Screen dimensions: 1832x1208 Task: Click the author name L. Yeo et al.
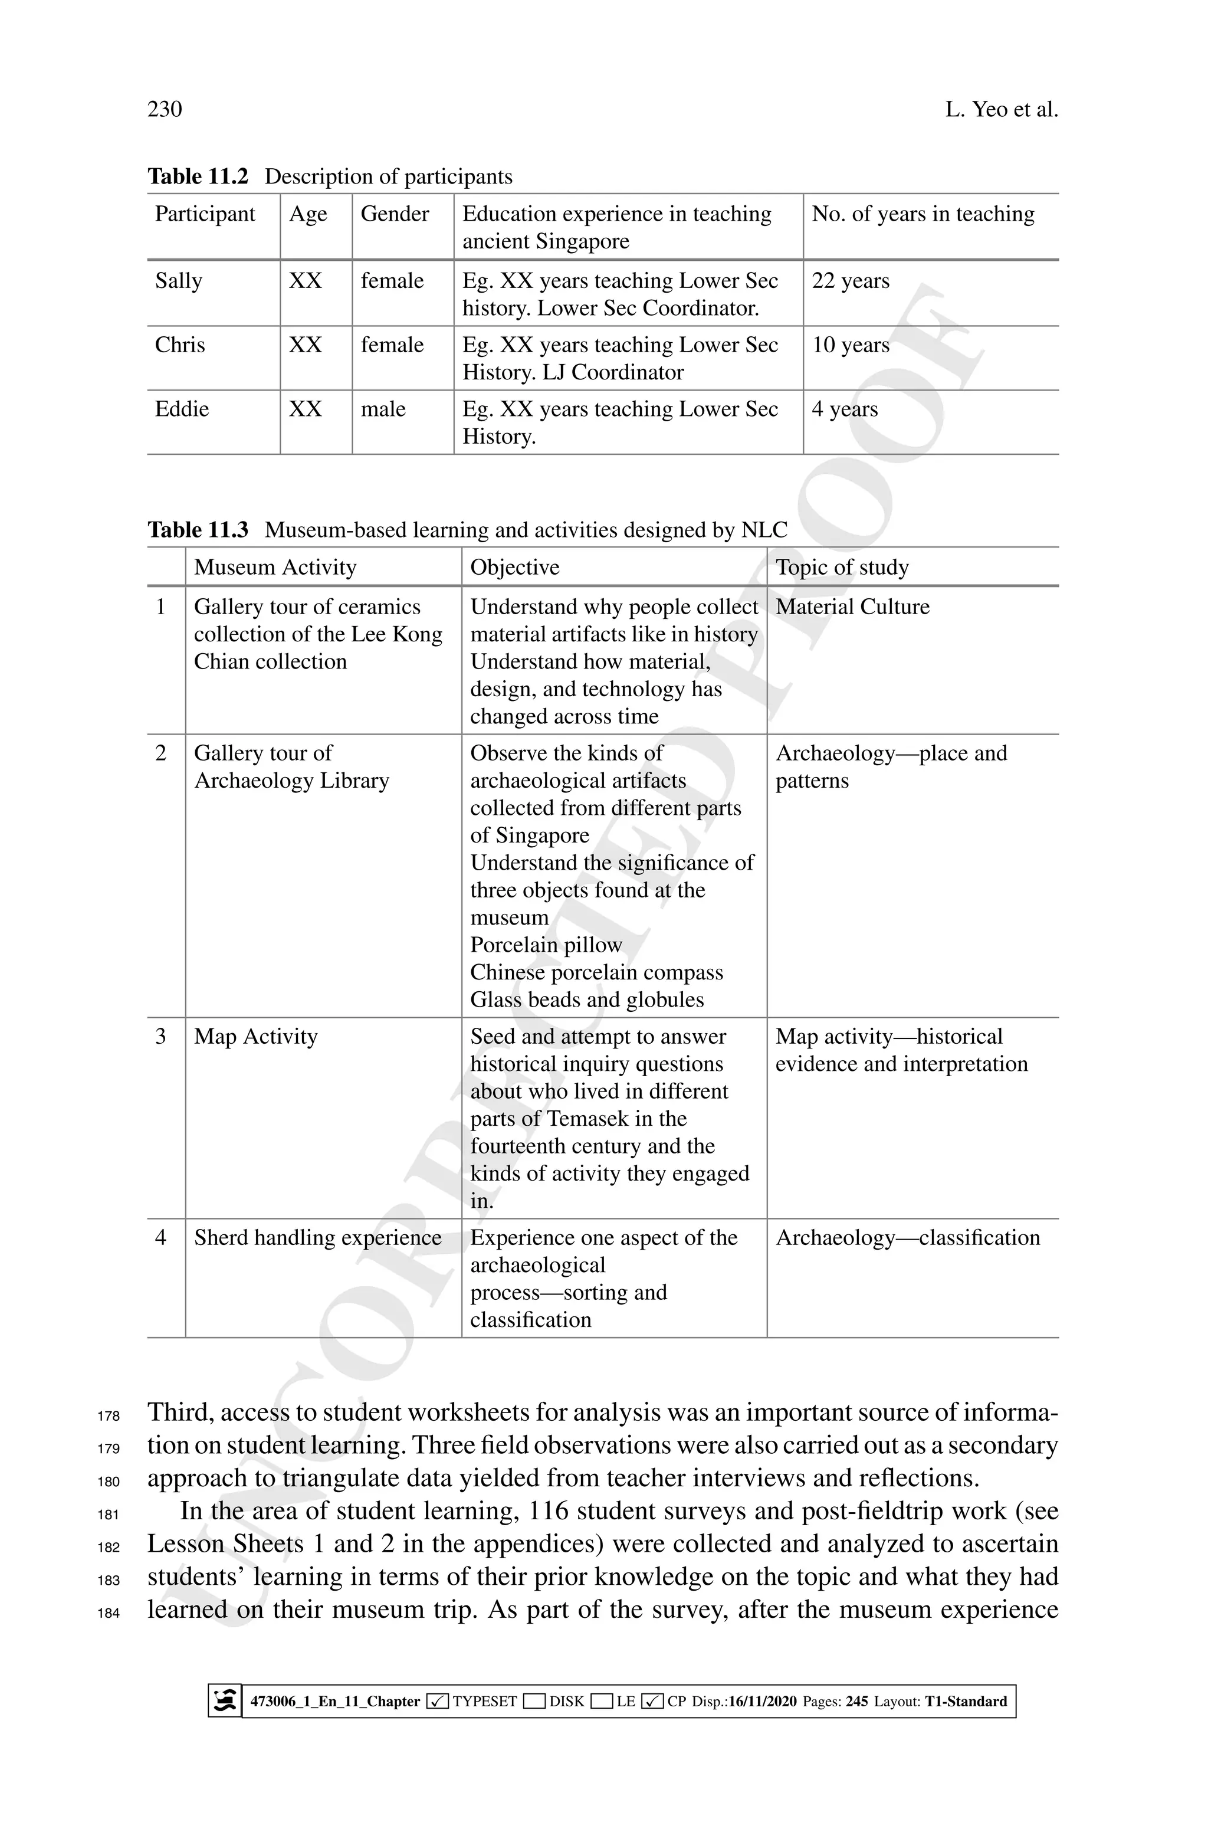pyautogui.click(x=1001, y=109)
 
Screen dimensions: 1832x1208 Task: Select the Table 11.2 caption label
pyautogui.click(x=198, y=176)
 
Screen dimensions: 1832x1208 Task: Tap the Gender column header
pyautogui.click(x=395, y=214)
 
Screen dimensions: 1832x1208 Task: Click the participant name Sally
pyautogui.click(x=178, y=280)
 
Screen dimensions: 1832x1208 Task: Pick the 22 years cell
pyautogui.click(x=850, y=280)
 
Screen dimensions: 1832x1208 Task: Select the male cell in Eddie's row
pyautogui.click(x=383, y=409)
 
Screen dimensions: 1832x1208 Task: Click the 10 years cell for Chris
pyautogui.click(x=850, y=345)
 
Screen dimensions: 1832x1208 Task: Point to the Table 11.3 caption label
pyautogui.click(x=198, y=530)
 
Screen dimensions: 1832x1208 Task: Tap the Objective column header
pyautogui.click(x=514, y=568)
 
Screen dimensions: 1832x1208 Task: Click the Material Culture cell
pyautogui.click(x=852, y=607)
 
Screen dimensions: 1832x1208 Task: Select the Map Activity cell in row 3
pyautogui.click(x=256, y=1037)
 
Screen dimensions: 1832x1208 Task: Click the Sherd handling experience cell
pyautogui.click(x=317, y=1238)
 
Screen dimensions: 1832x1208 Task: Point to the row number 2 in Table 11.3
pyautogui.click(x=160, y=753)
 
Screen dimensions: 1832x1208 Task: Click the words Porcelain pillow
pyautogui.click(x=546, y=945)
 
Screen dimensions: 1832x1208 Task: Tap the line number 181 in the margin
pyautogui.click(x=109, y=1515)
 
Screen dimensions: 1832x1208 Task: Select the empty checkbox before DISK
pyautogui.click(x=534, y=1701)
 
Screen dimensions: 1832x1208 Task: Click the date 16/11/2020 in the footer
pyautogui.click(x=762, y=1701)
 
